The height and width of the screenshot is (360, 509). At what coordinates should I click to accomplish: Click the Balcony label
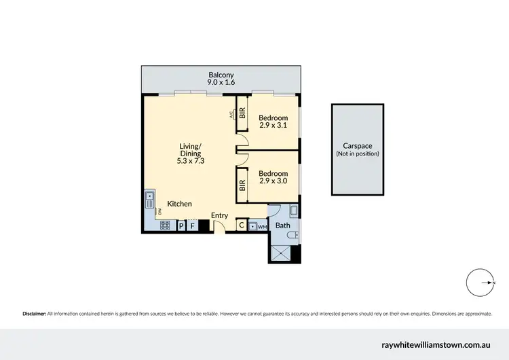click(221, 74)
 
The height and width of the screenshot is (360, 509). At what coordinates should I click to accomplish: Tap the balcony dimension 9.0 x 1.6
click(221, 82)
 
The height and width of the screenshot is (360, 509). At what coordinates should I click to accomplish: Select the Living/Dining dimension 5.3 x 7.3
click(190, 161)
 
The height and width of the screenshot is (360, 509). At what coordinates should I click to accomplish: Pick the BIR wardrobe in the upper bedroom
click(242, 113)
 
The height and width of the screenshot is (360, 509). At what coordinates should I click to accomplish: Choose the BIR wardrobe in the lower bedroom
click(242, 183)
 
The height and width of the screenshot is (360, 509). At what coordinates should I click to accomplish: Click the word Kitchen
click(179, 204)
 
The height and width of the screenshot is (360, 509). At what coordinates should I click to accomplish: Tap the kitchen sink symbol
click(150, 200)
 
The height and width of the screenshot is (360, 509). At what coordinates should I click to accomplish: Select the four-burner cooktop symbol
click(165, 226)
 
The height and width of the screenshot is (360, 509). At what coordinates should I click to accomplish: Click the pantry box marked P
click(181, 226)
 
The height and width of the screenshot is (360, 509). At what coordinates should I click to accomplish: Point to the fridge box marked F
click(192, 226)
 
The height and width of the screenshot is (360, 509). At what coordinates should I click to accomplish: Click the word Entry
click(219, 215)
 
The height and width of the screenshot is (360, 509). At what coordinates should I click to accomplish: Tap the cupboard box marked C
click(241, 226)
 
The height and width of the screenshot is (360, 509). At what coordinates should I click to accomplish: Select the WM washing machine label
click(262, 226)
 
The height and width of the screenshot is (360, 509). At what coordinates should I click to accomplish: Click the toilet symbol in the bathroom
click(292, 235)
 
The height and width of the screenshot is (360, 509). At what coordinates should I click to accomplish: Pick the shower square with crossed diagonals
click(280, 253)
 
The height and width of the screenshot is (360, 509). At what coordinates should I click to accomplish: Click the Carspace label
click(357, 146)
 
